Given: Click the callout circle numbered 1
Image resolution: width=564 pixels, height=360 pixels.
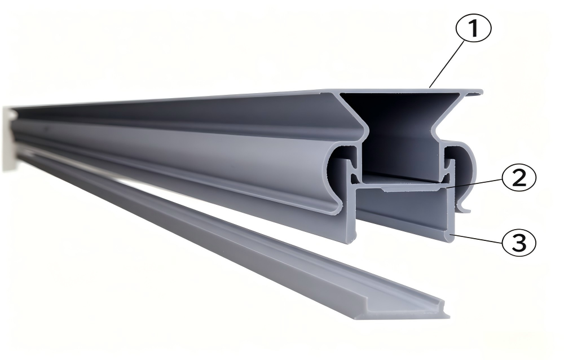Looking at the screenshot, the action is [x=473, y=29].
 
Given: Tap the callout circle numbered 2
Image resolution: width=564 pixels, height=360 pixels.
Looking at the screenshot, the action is [x=519, y=178].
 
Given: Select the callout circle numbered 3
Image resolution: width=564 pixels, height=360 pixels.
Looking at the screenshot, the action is [x=518, y=243].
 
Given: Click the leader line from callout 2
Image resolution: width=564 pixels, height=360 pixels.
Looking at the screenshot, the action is [x=474, y=183].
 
